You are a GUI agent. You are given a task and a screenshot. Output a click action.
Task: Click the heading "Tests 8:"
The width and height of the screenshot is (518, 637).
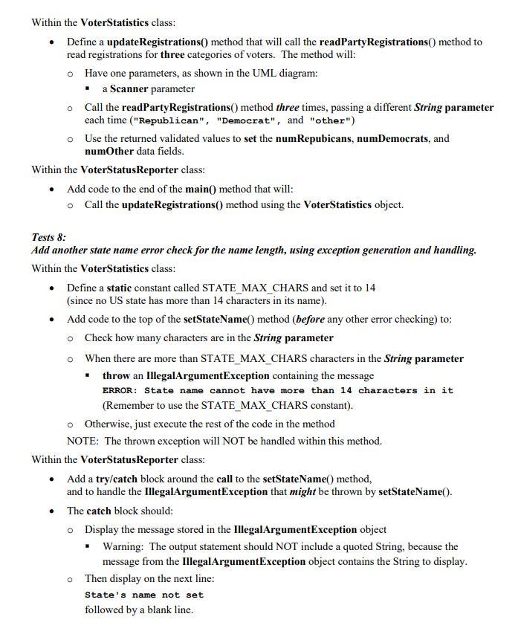[49, 237]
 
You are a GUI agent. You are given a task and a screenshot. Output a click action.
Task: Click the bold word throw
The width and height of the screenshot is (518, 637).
[116, 375]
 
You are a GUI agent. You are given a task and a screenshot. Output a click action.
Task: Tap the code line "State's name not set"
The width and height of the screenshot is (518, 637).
[143, 595]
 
